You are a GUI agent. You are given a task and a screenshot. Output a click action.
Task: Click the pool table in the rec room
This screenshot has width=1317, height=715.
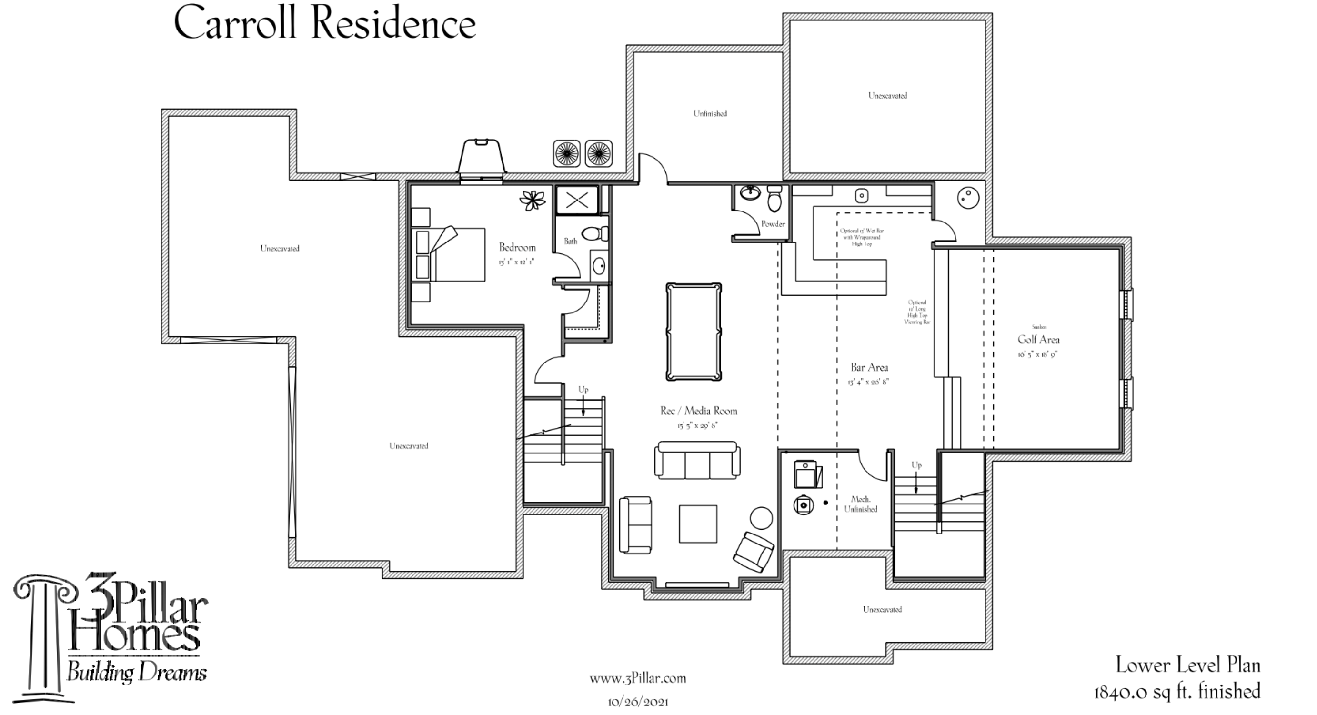click(x=694, y=332)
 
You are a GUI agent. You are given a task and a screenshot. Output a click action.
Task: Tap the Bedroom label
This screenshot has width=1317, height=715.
click(x=517, y=248)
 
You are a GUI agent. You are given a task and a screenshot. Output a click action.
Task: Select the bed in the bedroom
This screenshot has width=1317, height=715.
click(x=450, y=254)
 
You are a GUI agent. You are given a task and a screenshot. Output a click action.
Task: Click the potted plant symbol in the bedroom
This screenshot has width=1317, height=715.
click(x=532, y=200)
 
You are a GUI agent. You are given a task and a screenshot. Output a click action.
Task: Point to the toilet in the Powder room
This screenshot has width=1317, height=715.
click(x=774, y=199)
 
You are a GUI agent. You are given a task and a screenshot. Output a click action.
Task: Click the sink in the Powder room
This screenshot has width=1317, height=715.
click(x=750, y=193)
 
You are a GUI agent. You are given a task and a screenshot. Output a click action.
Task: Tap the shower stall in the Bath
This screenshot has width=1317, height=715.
click(x=577, y=200)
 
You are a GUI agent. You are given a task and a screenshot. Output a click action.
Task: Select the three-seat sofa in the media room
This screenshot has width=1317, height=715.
click(x=697, y=460)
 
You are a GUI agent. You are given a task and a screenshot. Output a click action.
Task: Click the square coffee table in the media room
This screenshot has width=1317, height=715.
click(x=698, y=524)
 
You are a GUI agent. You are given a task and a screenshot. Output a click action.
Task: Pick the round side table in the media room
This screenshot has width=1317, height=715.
click(x=761, y=518)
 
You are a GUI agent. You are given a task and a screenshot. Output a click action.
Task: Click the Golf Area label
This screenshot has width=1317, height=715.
click(x=1038, y=340)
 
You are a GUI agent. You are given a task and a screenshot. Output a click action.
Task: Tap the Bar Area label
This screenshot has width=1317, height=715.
click(x=869, y=367)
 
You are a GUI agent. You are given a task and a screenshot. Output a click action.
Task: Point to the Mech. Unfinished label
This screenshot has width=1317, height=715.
click(x=861, y=504)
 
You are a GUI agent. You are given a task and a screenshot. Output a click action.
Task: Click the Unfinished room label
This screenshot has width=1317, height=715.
click(x=710, y=113)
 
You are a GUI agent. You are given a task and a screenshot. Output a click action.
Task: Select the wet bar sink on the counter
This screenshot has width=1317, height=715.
click(x=862, y=195)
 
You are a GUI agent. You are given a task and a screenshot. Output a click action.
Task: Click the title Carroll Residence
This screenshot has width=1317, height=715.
click(x=325, y=24)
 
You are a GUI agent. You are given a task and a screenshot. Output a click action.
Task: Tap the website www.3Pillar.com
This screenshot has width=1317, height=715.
click(x=637, y=679)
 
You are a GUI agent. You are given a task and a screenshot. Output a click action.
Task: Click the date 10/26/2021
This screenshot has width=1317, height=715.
click(x=637, y=702)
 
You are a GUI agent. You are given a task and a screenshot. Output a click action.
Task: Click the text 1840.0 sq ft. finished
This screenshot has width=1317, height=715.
click(x=1177, y=692)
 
